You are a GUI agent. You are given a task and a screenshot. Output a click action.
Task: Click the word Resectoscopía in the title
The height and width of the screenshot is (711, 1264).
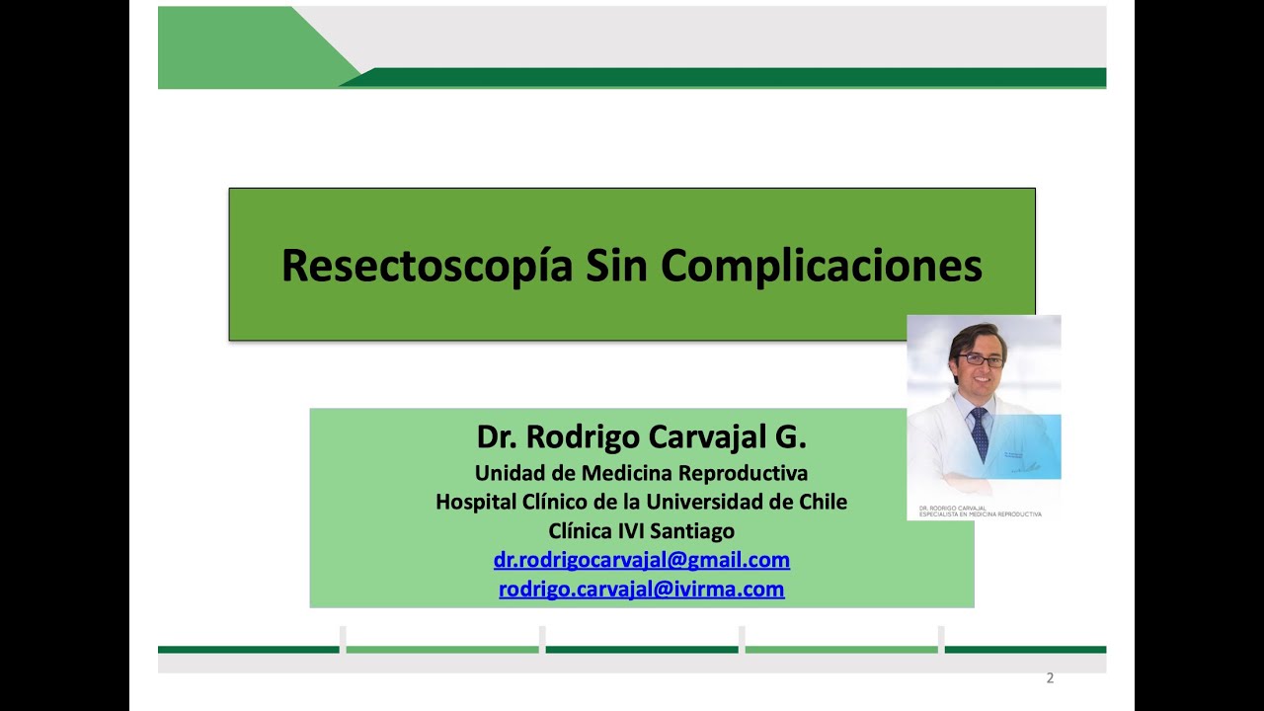[x=427, y=266]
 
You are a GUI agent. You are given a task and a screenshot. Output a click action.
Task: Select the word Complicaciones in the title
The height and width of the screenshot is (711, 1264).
[x=822, y=266]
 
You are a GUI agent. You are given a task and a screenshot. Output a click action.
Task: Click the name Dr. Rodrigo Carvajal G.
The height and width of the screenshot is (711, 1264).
[x=641, y=436]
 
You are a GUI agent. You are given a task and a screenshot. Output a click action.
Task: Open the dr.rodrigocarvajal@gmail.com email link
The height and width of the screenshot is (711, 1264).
[x=641, y=560]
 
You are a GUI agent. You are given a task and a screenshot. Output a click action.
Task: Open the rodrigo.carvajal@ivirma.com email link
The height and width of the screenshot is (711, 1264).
[x=641, y=590]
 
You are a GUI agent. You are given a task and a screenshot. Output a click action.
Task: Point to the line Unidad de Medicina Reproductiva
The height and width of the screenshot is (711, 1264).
[x=641, y=472]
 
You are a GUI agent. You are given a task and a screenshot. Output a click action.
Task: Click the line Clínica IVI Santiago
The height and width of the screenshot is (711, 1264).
[x=641, y=530]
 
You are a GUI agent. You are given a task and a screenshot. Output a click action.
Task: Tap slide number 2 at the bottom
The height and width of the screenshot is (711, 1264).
[x=1050, y=678]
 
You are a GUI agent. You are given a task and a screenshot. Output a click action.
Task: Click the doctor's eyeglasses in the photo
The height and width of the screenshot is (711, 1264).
[x=981, y=360]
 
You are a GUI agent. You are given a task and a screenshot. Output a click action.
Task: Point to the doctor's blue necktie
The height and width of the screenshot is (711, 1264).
[x=979, y=433]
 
